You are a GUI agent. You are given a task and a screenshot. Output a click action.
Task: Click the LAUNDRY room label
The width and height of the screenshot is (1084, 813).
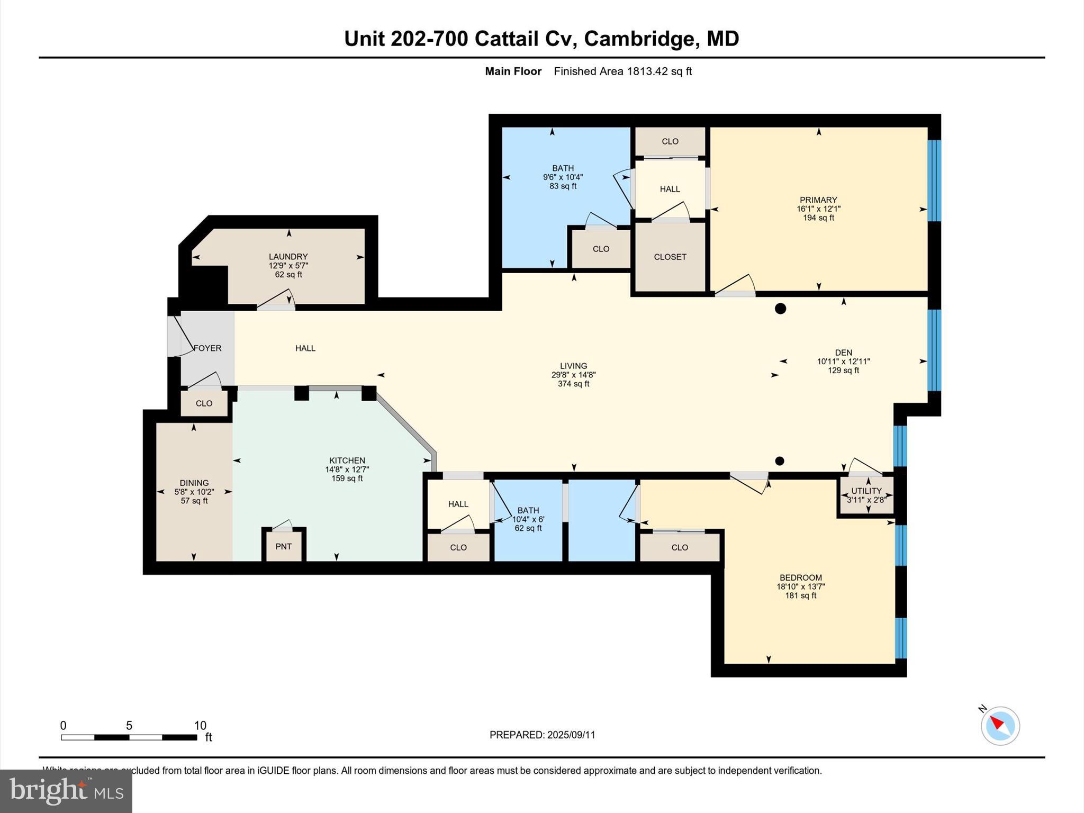pyautogui.click(x=288, y=257)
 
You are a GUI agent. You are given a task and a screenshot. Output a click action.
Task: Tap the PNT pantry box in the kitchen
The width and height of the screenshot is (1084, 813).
pyautogui.click(x=283, y=546)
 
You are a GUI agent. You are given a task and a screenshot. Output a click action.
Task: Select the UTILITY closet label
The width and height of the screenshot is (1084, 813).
pyautogui.click(x=866, y=491)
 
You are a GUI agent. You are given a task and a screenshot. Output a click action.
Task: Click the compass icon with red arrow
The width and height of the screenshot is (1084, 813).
pyautogui.click(x=1000, y=725)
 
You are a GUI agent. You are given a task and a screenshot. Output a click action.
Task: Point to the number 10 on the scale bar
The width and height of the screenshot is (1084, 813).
pyautogui.click(x=200, y=726)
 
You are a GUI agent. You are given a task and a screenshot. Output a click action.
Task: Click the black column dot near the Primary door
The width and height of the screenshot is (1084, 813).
pyautogui.click(x=780, y=309)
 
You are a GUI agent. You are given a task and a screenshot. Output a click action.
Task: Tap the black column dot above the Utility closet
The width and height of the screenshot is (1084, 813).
pyautogui.click(x=779, y=461)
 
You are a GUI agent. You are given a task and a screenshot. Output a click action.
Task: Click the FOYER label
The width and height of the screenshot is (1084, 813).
pyautogui.click(x=207, y=348)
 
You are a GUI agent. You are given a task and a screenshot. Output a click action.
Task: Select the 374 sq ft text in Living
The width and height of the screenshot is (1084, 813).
pyautogui.click(x=573, y=384)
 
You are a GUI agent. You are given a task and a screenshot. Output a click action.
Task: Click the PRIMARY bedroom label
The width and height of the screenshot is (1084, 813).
pyautogui.click(x=818, y=200)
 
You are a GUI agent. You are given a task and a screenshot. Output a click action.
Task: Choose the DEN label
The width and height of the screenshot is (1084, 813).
pyautogui.click(x=843, y=353)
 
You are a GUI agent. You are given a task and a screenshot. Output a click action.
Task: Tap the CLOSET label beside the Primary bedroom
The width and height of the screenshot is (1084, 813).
pyautogui.click(x=670, y=257)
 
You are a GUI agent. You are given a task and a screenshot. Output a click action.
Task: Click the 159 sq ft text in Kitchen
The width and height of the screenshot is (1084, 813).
pyautogui.click(x=347, y=478)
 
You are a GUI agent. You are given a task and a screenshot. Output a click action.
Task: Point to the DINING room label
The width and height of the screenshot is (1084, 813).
pyautogui.click(x=194, y=483)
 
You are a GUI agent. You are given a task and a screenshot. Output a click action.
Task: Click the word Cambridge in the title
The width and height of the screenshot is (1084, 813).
pyautogui.click(x=639, y=39)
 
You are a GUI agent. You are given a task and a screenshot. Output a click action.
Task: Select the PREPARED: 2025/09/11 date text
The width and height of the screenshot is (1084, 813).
pyautogui.click(x=542, y=735)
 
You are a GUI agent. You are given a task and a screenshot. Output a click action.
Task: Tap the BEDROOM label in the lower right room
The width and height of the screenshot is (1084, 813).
pyautogui.click(x=800, y=577)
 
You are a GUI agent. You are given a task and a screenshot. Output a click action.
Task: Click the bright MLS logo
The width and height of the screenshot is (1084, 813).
pyautogui.click(x=66, y=791)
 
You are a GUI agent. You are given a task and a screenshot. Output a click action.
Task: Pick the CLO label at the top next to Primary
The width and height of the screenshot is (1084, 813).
pyautogui.click(x=670, y=141)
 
